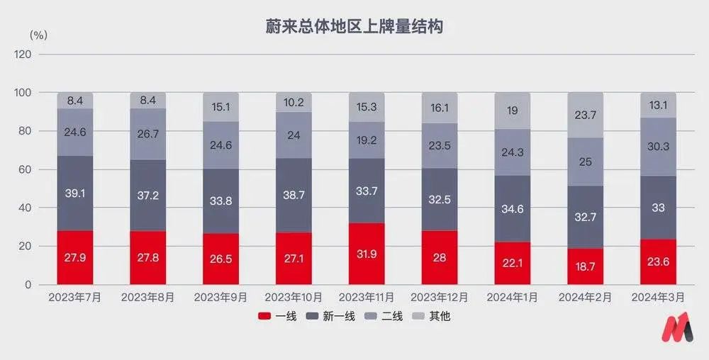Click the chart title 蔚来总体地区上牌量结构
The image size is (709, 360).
(354, 27)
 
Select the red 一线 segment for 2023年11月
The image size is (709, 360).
(367, 254)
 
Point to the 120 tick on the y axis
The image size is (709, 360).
(23, 55)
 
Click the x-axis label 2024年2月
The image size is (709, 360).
(585, 298)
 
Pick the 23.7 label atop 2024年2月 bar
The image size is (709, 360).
(585, 116)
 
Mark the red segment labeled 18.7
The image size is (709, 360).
(585, 266)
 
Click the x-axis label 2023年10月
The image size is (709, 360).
(294, 298)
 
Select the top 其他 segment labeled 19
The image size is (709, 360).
(512, 111)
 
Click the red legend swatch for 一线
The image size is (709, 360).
(265, 316)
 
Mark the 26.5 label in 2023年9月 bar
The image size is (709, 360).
(220, 259)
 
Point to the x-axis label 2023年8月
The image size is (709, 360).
(147, 298)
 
